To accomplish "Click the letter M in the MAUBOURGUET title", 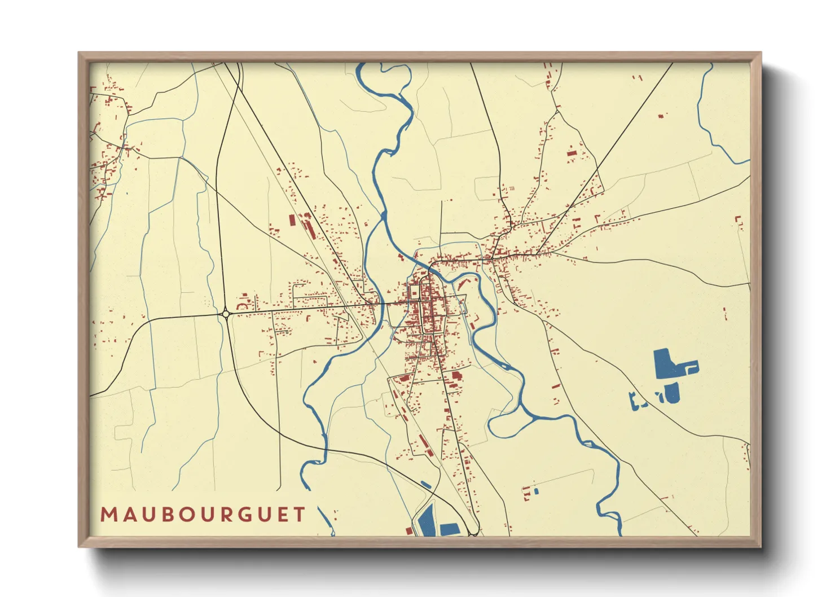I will [108, 515].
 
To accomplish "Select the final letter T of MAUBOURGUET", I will [299, 515].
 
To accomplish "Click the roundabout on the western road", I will [226, 313].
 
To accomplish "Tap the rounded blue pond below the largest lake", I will [672, 393].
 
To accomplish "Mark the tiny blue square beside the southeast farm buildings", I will [537, 491].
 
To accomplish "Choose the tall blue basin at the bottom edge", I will [427, 521].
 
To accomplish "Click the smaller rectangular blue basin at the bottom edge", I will [450, 529].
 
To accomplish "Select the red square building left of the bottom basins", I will [409, 530].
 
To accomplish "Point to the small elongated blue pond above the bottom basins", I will [426, 484].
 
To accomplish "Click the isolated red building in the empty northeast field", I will [661, 116].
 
